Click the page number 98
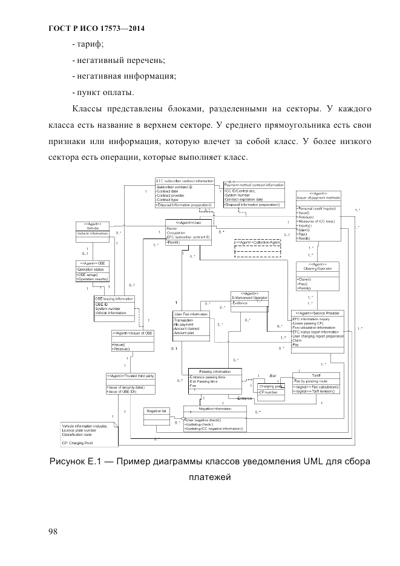[x=53, y=531]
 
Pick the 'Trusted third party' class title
[x=131, y=376]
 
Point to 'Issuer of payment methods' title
[x=317, y=197]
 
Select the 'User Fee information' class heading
[x=191, y=314]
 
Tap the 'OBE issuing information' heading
[x=114, y=299]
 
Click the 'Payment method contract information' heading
[x=254, y=185]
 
